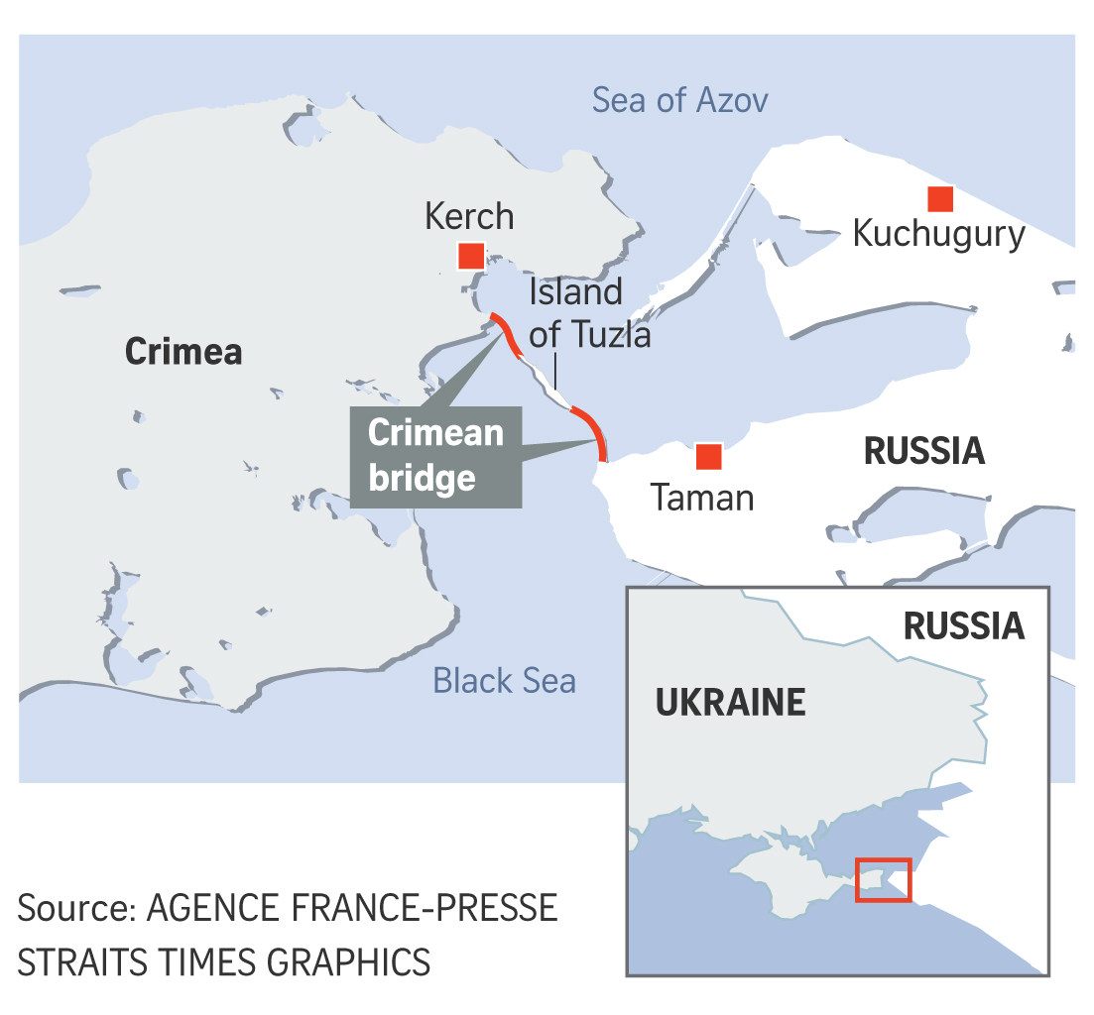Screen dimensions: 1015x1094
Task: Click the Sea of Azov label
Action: pos(679,100)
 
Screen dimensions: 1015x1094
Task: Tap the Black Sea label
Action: pos(504,681)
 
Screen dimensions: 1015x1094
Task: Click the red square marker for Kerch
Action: pos(470,257)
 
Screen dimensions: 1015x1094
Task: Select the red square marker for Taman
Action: pos(708,456)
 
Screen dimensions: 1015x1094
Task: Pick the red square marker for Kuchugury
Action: pos(939,198)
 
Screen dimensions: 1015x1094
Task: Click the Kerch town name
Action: pos(469,216)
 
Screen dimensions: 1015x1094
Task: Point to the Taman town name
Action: pos(702,497)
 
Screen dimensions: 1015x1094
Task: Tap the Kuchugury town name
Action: pos(938,234)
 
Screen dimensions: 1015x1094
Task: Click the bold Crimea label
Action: pos(183,352)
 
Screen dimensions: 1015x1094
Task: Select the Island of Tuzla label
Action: pos(590,313)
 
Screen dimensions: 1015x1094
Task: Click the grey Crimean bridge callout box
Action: pos(436,457)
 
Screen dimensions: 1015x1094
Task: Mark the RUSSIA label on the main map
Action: pos(924,451)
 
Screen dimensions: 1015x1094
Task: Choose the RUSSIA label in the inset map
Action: pos(963,625)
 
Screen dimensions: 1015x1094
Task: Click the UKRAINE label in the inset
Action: pos(730,703)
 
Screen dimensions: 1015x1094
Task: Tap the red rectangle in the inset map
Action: pos(883,879)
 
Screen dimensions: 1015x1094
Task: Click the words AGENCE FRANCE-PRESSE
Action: pos(352,907)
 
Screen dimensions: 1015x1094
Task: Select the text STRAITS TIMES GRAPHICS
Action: pos(224,961)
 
